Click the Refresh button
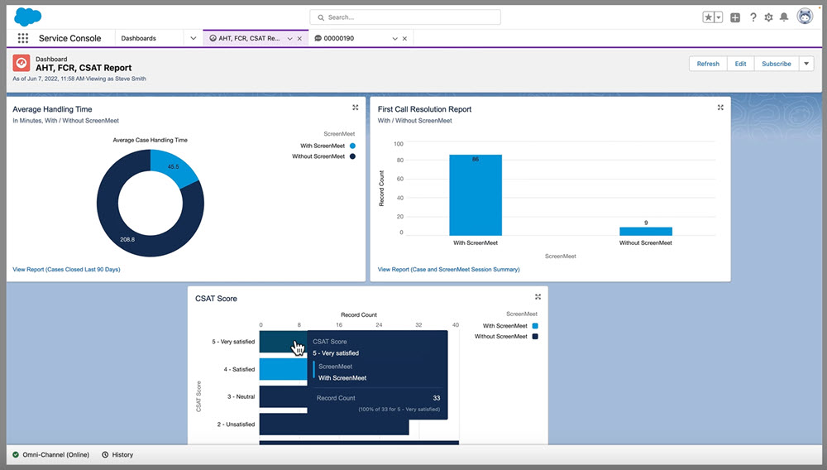click(708, 64)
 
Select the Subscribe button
click(776, 64)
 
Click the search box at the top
click(405, 17)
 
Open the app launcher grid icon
click(22, 38)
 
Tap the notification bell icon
click(784, 17)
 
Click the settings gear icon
click(768, 17)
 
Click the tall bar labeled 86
click(475, 195)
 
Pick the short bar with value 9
click(645, 231)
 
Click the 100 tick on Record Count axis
click(398, 143)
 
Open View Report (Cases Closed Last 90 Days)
click(66, 269)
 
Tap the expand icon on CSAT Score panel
click(538, 297)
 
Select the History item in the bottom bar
click(117, 454)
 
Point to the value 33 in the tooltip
click(436, 398)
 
